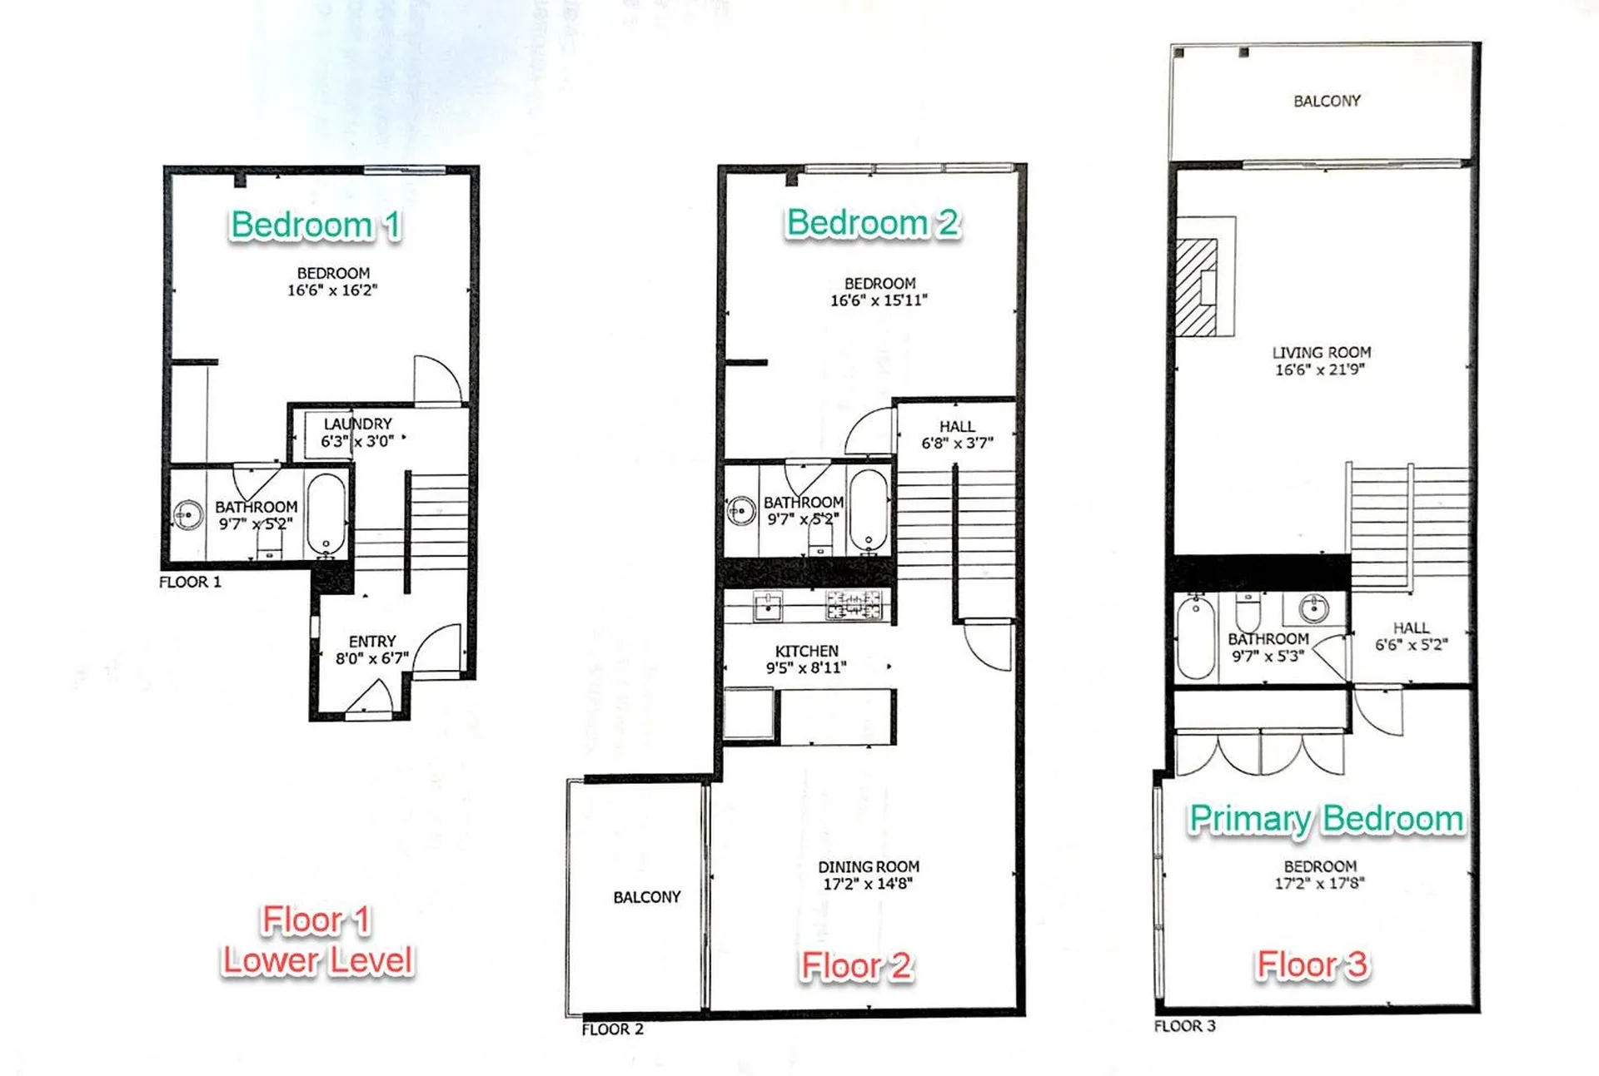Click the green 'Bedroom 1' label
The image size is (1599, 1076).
point(315,225)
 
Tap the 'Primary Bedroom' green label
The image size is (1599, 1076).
point(1326,819)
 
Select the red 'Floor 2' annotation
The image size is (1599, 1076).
point(856,966)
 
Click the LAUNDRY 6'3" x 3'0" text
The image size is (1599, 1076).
point(357,433)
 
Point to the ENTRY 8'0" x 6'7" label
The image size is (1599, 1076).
point(371,650)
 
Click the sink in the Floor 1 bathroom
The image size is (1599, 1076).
point(188,515)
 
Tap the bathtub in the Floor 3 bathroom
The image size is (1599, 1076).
point(1196,638)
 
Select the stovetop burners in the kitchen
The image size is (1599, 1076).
point(854,605)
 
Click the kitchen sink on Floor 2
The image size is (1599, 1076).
point(767,606)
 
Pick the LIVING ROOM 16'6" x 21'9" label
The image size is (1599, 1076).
point(1321,361)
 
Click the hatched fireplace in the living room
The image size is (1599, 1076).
point(1196,287)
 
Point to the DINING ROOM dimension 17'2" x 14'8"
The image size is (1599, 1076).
point(868,884)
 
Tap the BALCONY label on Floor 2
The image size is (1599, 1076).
point(646,897)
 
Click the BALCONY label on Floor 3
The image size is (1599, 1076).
point(1327,101)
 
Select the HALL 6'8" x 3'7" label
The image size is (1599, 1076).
point(957,434)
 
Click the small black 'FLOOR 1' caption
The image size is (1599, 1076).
point(190,583)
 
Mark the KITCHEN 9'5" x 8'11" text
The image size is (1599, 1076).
point(806,659)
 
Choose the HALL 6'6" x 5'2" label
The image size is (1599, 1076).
point(1411,637)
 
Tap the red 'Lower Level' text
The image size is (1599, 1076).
point(317,961)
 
